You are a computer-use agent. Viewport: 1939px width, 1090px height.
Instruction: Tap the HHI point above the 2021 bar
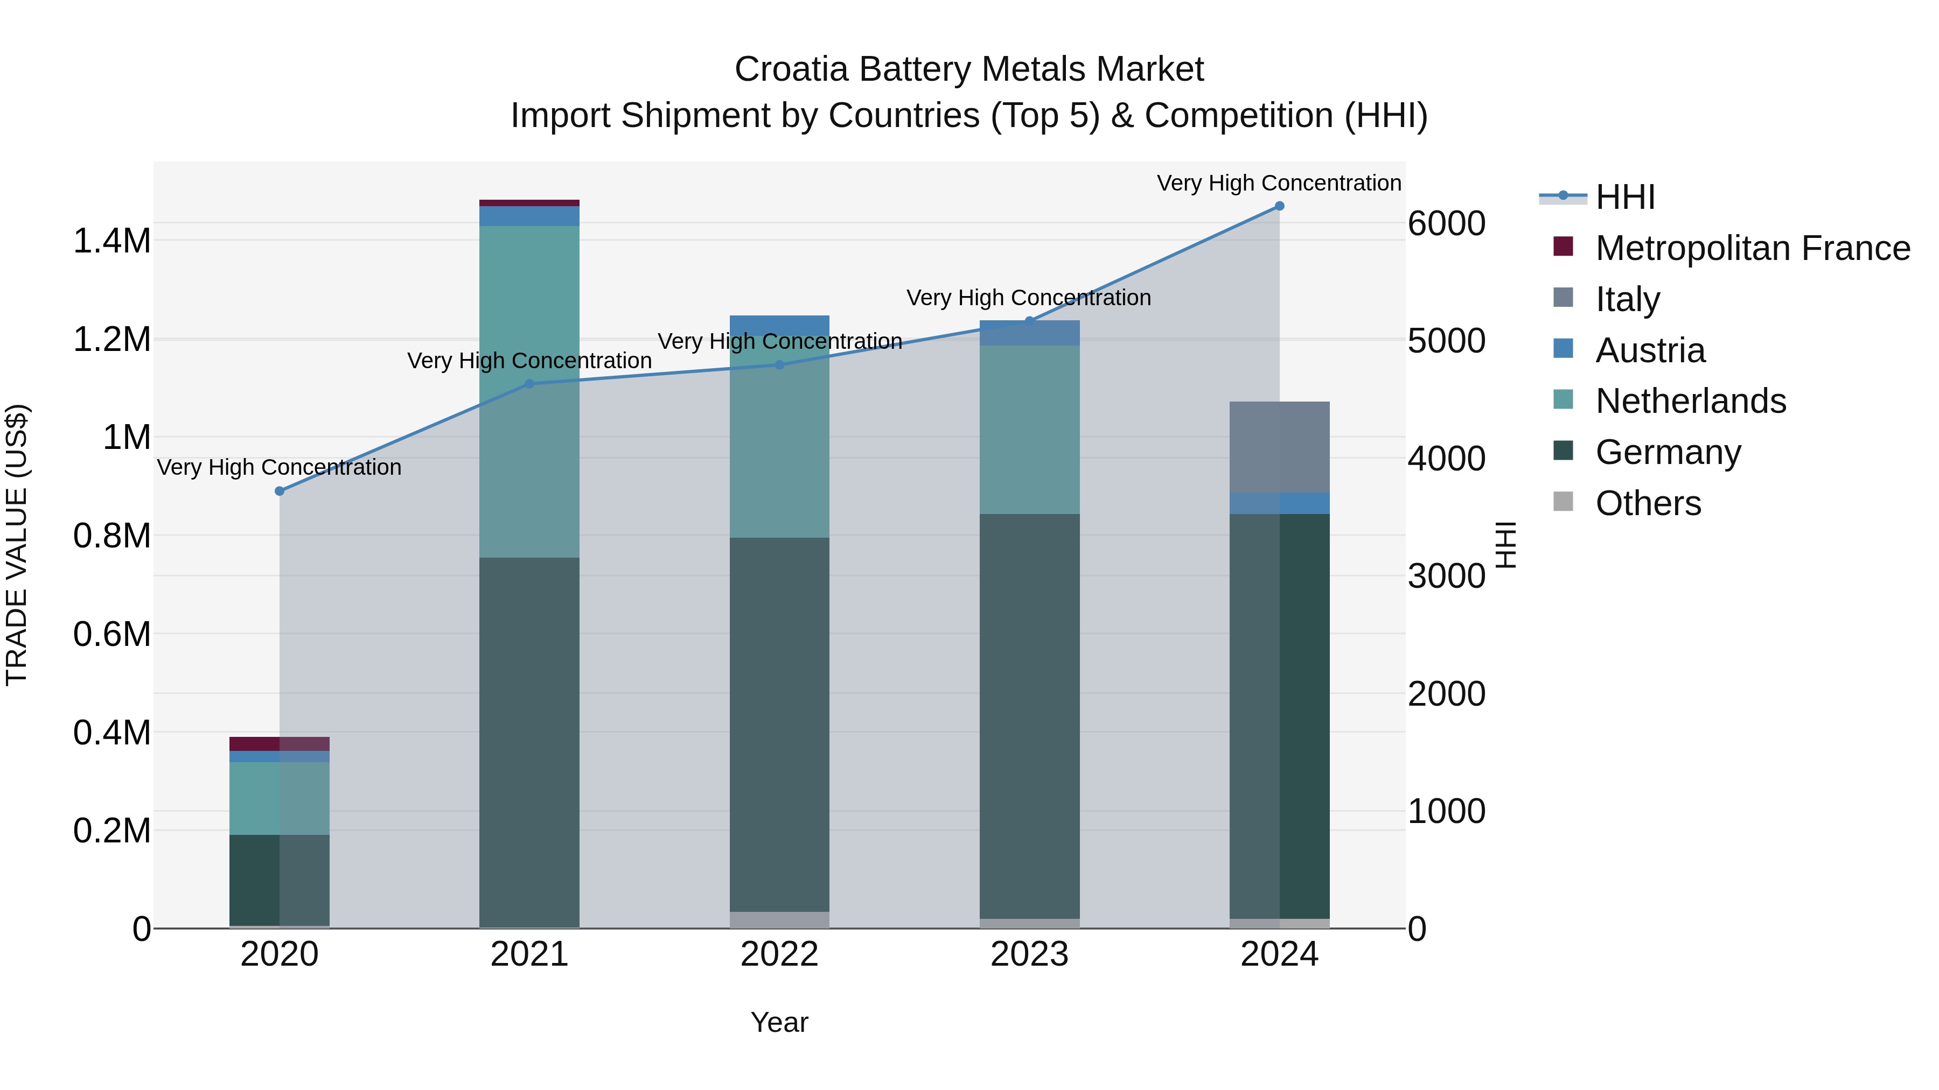(x=529, y=384)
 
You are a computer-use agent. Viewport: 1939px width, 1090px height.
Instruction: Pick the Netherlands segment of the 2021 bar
(x=529, y=391)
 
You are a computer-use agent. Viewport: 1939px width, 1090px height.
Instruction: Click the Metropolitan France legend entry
(x=1752, y=248)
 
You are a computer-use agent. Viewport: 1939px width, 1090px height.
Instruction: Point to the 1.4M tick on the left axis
(x=111, y=242)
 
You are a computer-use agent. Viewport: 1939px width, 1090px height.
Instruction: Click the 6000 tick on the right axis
(x=1446, y=223)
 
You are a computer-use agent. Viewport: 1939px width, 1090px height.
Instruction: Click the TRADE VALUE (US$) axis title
(x=17, y=545)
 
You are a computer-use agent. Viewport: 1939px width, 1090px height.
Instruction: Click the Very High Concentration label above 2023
(x=1028, y=298)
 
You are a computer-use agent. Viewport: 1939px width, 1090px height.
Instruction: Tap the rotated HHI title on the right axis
(x=1505, y=545)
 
